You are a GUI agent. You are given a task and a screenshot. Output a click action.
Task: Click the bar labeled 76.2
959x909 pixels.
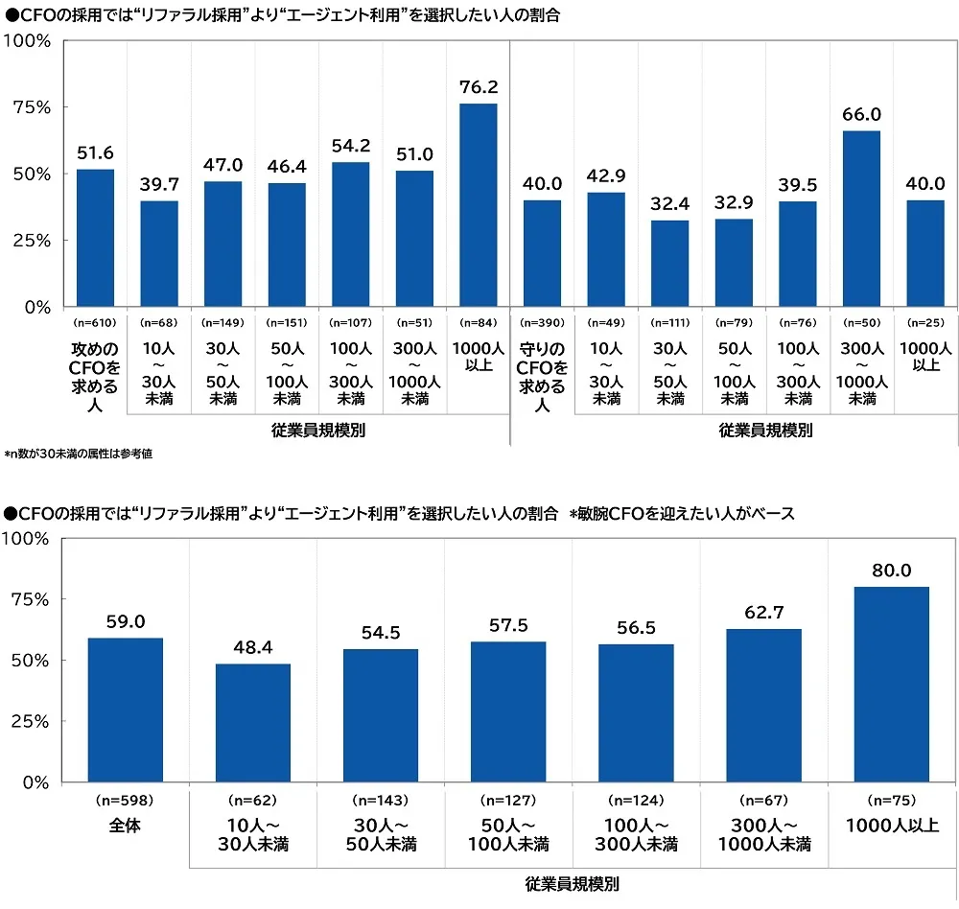point(479,205)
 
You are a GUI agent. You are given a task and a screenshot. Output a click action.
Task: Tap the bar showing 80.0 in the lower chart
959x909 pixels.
point(891,685)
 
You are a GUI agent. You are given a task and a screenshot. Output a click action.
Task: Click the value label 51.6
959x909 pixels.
point(95,153)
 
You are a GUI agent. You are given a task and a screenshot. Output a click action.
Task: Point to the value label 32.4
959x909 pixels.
point(669,205)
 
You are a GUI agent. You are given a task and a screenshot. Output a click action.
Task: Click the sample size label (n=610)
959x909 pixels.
point(95,323)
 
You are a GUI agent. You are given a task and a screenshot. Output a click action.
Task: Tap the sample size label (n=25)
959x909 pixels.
point(924,323)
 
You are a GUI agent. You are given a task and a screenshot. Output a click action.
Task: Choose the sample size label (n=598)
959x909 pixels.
point(125,800)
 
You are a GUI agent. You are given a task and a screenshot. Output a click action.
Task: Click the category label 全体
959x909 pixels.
point(125,825)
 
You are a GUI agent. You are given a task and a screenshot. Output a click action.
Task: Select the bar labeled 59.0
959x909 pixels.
point(125,711)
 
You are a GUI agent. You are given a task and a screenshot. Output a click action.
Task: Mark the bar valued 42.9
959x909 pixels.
point(605,249)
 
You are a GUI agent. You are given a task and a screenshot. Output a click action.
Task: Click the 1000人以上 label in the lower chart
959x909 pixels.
point(891,825)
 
